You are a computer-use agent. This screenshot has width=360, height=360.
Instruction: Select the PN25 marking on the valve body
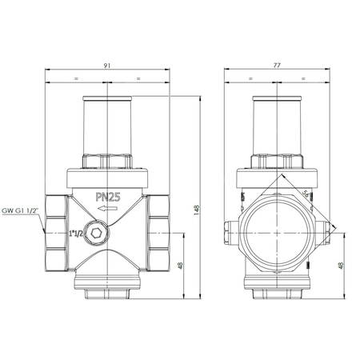(x=110, y=194)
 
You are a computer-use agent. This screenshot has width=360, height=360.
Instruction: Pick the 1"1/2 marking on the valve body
(x=78, y=233)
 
